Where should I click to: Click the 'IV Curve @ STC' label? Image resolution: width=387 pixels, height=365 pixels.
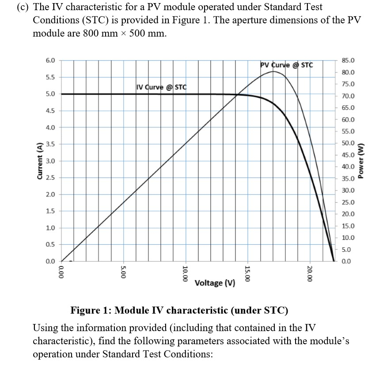[x=162, y=86]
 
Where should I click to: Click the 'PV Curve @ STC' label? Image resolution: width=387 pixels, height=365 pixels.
[x=287, y=65]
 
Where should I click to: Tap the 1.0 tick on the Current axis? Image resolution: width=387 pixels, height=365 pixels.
[x=50, y=228]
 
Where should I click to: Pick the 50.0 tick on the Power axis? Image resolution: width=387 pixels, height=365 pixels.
[x=349, y=143]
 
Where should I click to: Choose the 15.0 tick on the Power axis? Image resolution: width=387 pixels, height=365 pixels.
[x=349, y=226]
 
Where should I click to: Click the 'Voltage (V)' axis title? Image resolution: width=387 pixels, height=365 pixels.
[x=215, y=283]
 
